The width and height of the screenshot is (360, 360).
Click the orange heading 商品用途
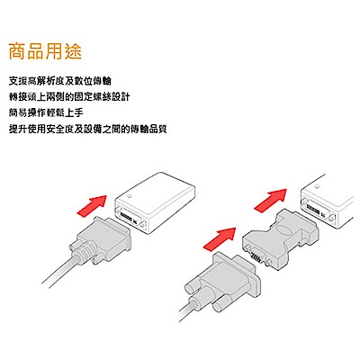45,51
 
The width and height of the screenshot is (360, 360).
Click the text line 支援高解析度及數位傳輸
60,81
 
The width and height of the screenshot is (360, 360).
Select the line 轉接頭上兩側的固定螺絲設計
69,97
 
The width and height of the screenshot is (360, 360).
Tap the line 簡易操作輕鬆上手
46,113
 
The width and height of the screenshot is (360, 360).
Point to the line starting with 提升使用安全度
88,130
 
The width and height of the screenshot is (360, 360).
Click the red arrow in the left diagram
92,205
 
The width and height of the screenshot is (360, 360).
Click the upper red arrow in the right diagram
271,200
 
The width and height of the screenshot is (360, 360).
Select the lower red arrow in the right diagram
220,238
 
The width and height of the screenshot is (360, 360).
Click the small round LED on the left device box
130,197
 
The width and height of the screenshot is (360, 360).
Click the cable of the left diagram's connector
58,269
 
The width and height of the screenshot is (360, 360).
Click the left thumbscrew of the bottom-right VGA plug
193,287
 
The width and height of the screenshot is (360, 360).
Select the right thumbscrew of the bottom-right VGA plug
220,305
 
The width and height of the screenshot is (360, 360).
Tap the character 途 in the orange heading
73,51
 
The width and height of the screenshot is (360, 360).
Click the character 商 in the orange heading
17,51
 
